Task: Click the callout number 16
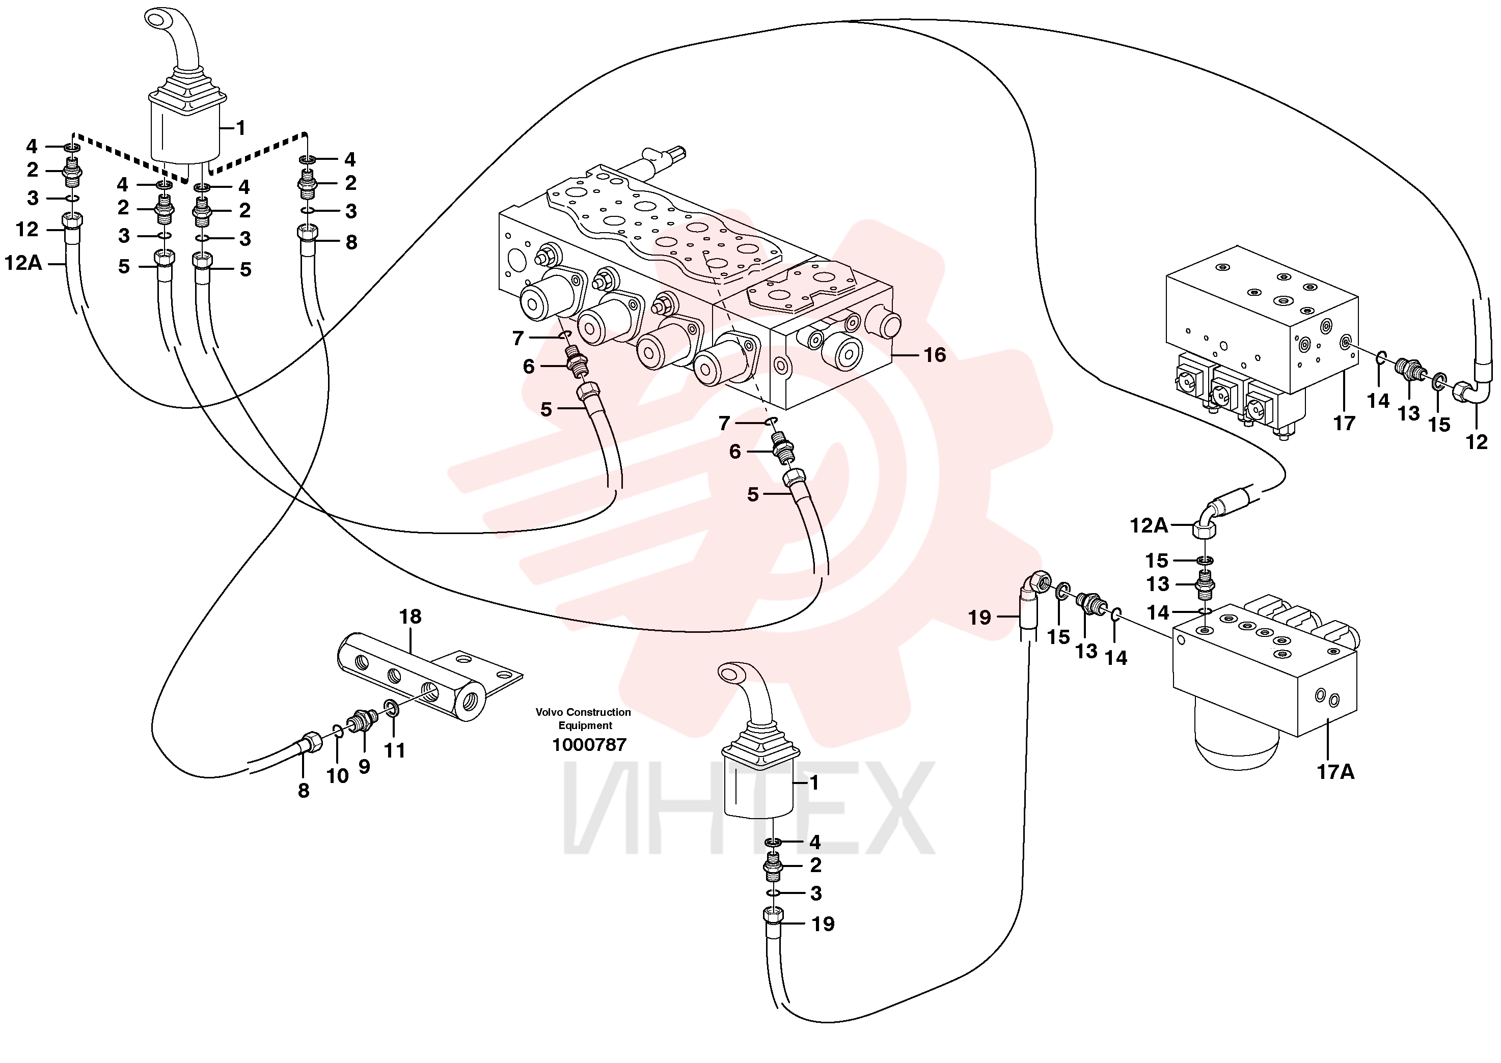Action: pyautogui.click(x=935, y=355)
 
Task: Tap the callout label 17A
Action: pyautogui.click(x=1335, y=772)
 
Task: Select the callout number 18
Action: pyautogui.click(x=411, y=617)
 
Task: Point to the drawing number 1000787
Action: pyautogui.click(x=589, y=745)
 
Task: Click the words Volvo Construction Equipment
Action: pyautogui.click(x=584, y=719)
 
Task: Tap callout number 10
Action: pyautogui.click(x=338, y=776)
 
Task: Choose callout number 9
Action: pyautogui.click(x=364, y=767)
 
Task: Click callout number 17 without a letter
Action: pyautogui.click(x=1344, y=424)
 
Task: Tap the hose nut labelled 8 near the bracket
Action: pyautogui.click(x=310, y=744)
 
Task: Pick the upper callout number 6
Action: pyautogui.click(x=529, y=367)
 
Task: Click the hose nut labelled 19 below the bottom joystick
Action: pyautogui.click(x=774, y=915)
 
